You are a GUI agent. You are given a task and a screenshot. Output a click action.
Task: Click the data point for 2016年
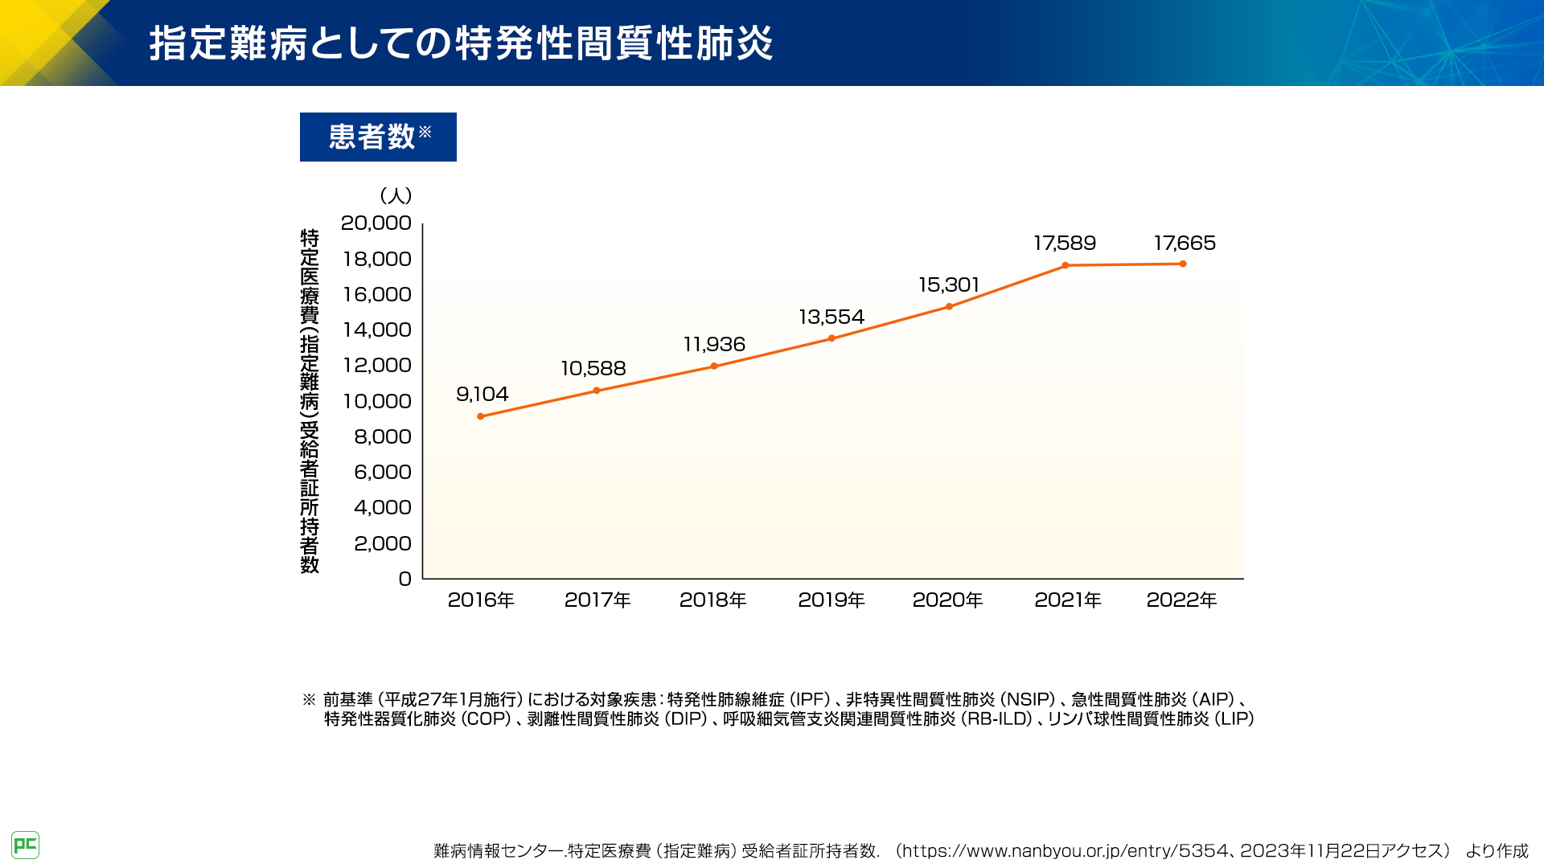481,416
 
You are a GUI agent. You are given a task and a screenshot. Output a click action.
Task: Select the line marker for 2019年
832,338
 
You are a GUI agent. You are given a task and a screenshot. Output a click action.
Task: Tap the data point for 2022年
1183,264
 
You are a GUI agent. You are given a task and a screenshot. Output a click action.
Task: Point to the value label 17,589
1065,243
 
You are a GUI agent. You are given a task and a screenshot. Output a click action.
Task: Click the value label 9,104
482,394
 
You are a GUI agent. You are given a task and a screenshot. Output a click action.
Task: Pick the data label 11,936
714,344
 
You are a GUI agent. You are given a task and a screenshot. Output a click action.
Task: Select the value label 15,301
949,285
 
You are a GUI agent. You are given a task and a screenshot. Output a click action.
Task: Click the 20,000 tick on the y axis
376,223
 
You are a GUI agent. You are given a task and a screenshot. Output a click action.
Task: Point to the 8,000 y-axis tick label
382,436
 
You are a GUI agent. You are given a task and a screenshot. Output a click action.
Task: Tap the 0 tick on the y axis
404,579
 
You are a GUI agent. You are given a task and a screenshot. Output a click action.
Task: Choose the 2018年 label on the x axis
713,600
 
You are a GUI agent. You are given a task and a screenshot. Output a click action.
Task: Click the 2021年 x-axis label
1067,600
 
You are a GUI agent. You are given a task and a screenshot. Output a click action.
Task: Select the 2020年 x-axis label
947,600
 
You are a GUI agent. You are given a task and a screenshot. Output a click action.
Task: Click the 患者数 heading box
378,137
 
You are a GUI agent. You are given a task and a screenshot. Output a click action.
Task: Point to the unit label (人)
396,195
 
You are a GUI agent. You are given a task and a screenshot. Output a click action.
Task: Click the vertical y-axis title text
310,402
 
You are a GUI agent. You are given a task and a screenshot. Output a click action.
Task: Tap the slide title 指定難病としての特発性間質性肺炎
461,43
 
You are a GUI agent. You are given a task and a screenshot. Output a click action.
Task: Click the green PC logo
25,845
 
